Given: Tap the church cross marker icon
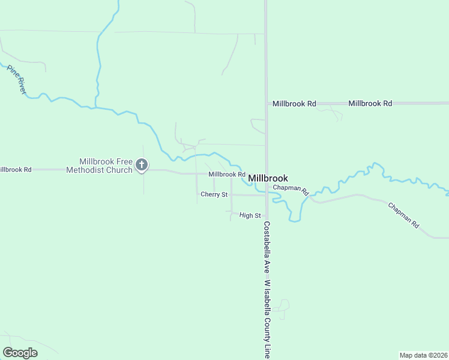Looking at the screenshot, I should click(x=142, y=164).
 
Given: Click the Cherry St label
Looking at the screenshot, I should click(x=214, y=194).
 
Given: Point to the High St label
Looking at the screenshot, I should click(x=250, y=215).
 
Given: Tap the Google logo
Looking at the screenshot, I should click(x=20, y=353).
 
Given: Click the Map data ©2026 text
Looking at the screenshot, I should click(x=423, y=355).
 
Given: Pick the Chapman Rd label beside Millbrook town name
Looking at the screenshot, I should click(x=291, y=190).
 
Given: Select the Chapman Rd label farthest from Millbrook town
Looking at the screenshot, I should click(x=403, y=214).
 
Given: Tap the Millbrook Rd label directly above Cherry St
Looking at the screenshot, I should click(x=227, y=175).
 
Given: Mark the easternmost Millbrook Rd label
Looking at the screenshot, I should click(x=370, y=104).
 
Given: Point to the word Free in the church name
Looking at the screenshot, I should click(x=123, y=162).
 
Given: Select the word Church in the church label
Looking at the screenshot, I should click(x=121, y=170).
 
